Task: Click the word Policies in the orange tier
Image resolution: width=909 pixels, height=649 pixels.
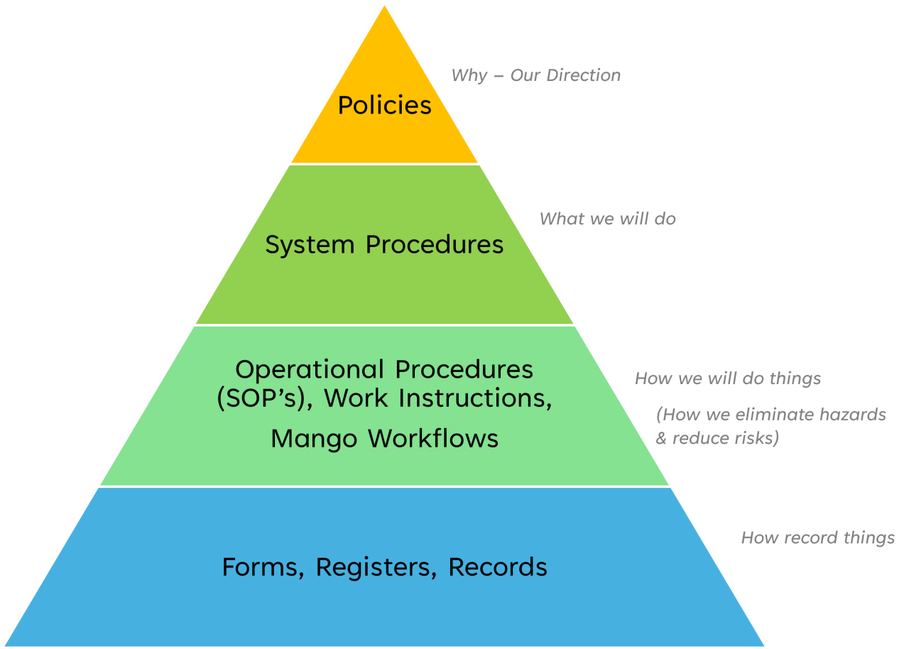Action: tap(384, 105)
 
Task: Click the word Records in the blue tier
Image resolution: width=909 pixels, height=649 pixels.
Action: tap(497, 567)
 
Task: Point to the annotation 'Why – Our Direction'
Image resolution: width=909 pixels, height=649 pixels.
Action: tap(535, 75)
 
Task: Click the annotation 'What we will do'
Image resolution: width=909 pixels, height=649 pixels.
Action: tap(607, 219)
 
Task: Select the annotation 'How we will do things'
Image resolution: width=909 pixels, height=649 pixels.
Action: tap(727, 378)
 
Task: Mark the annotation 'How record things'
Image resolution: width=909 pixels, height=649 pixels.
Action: tap(817, 538)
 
